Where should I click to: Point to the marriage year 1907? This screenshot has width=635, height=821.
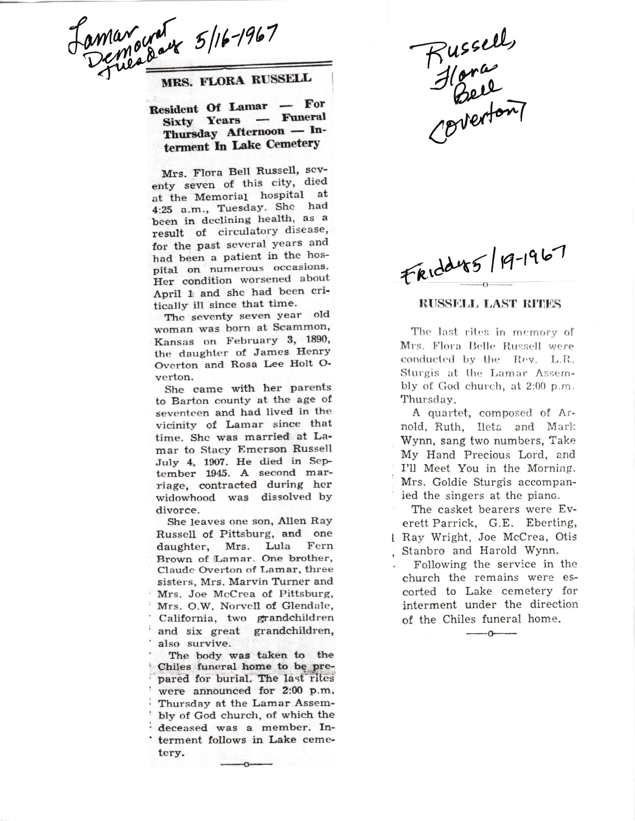coord(201,462)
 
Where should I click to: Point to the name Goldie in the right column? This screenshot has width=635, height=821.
coord(456,482)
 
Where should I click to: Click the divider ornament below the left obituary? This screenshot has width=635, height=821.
coord(246,764)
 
